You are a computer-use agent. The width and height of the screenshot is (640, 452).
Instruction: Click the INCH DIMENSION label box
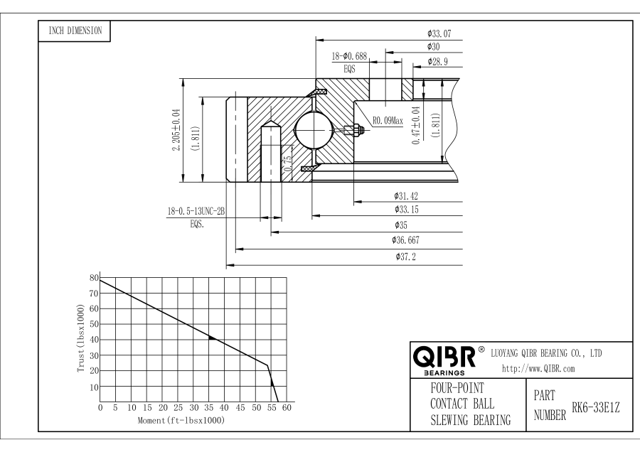point(74,31)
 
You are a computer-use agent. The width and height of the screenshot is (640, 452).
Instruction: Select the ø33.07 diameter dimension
point(439,33)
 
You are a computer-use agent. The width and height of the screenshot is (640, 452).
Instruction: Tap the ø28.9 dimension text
point(439,63)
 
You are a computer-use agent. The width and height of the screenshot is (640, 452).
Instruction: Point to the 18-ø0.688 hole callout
point(351,55)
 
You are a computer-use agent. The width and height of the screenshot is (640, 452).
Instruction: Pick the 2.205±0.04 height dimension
point(176,130)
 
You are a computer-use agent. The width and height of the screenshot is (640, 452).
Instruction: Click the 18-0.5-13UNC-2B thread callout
point(196,211)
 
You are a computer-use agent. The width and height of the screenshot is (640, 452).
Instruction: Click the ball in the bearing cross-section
point(313,130)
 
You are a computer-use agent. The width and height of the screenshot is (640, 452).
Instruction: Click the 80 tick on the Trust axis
point(93,276)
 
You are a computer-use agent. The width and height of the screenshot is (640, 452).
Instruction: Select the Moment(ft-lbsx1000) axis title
point(181,421)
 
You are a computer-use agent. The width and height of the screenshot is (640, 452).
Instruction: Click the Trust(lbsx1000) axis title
point(82,339)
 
